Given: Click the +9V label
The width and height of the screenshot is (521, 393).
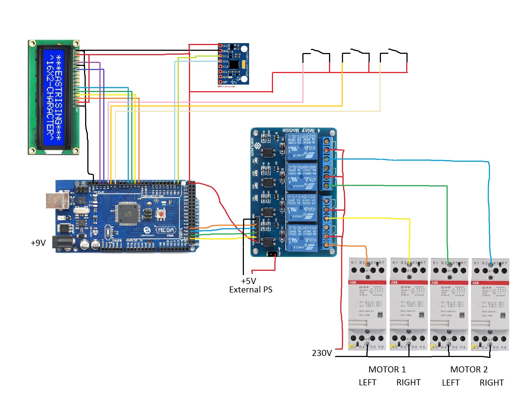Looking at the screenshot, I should (38, 243).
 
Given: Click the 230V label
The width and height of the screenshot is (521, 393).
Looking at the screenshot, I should (322, 353).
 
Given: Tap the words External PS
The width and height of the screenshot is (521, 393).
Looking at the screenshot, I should (250, 290).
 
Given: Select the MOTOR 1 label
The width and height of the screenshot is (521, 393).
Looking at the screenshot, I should (387, 369).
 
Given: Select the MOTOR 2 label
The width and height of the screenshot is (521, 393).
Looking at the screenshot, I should (469, 369).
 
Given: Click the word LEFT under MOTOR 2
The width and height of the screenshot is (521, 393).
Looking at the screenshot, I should (450, 383).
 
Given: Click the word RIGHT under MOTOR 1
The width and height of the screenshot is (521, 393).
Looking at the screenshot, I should (408, 383).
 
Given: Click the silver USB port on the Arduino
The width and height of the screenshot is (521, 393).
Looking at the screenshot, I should (57, 200).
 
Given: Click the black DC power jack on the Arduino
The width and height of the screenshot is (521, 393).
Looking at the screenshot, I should (63, 243).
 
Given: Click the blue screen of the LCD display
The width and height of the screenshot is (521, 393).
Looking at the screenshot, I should (54, 97).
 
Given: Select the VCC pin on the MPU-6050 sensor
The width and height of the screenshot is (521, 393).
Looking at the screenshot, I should (220, 46).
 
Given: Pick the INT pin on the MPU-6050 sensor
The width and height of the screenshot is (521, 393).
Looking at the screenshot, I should (220, 82).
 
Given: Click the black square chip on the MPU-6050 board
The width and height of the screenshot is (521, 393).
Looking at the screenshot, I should (234, 65).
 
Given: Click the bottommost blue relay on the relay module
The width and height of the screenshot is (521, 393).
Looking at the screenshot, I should (302, 238).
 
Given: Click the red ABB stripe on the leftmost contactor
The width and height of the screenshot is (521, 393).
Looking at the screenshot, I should (367, 282).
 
